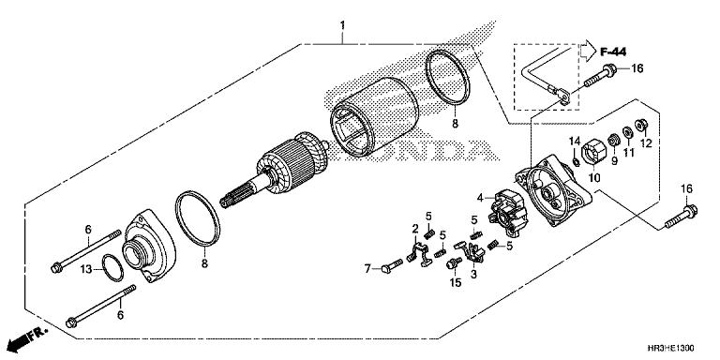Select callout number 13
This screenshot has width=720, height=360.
(85, 268)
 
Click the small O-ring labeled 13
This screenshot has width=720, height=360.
(112, 265)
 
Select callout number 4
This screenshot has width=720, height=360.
(478, 198)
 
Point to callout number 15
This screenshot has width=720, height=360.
(457, 282)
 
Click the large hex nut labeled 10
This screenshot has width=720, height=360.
(592, 150)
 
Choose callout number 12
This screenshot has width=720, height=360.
(645, 142)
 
